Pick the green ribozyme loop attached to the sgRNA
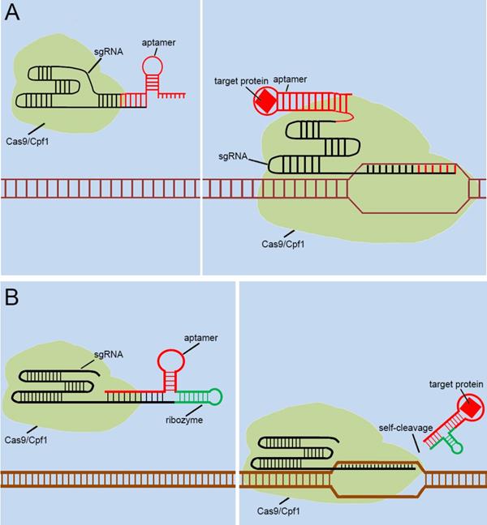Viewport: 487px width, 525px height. (x=213, y=396)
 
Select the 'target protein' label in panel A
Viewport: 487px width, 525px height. (x=235, y=81)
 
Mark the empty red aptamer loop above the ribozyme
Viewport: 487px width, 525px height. (x=170, y=360)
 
